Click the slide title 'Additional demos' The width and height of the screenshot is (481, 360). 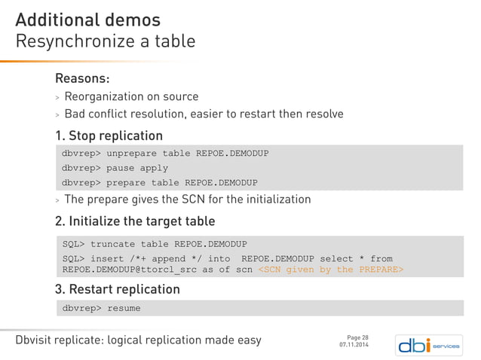tap(87, 18)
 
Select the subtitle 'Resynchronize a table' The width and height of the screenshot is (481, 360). tap(105, 41)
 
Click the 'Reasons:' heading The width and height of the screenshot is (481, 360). tap(82, 78)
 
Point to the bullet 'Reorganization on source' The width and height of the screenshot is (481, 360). tap(131, 96)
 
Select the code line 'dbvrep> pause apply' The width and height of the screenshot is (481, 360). tap(115, 168)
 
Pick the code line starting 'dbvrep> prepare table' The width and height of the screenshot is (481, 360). tap(159, 182)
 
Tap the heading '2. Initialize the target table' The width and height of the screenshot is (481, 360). tap(135, 221)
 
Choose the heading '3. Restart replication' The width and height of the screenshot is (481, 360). tap(117, 289)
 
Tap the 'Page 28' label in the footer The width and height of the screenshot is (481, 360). tap(357, 337)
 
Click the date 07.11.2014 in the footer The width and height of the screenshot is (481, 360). tap(354, 345)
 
